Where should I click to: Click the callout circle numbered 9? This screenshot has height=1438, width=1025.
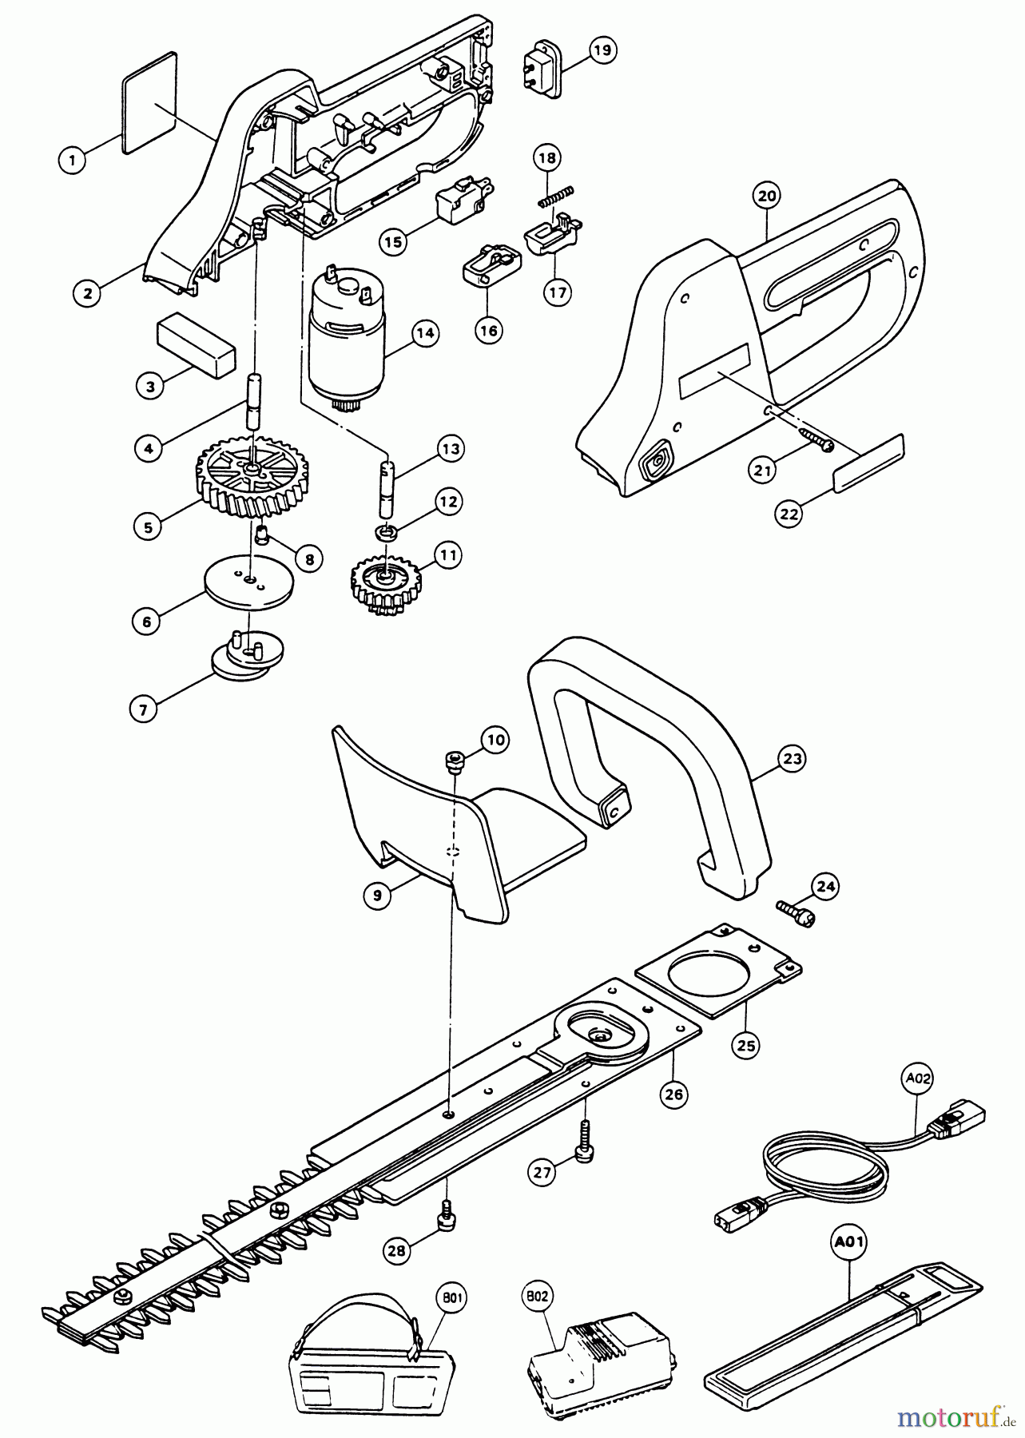coord(377,896)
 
